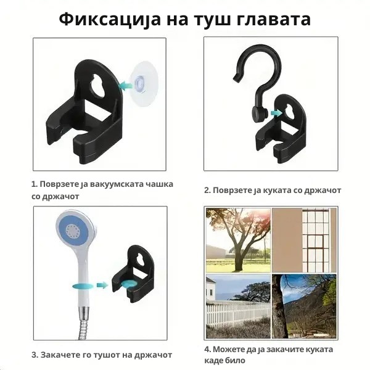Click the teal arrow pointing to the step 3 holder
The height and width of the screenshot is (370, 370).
pyautogui.click(x=102, y=285)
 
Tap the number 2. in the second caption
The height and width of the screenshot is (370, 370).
pyautogui.click(x=208, y=191)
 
